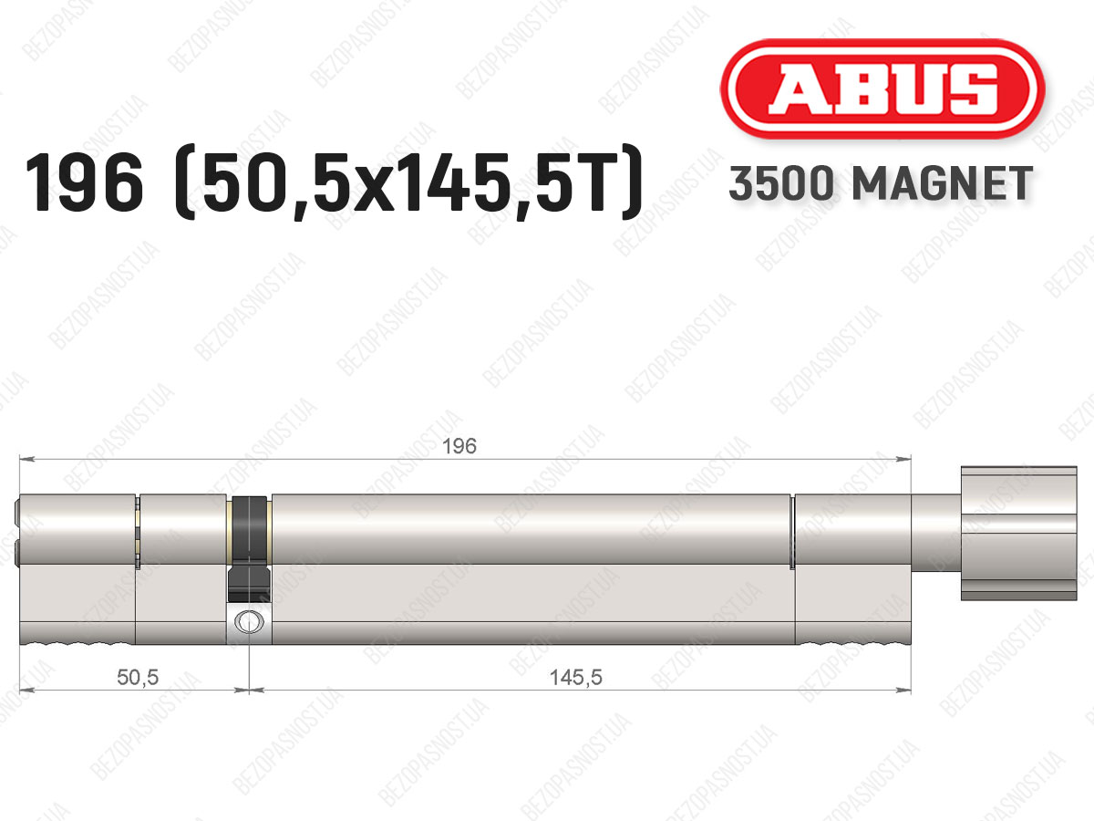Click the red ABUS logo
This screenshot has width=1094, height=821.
pos(882,88)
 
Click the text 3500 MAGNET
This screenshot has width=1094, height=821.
pos(881,183)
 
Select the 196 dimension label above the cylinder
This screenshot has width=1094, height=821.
pos(459,446)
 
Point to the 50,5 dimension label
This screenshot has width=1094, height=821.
pos(138,678)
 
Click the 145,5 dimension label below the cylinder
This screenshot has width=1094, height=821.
pos(575,678)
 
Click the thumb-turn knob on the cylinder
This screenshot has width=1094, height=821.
pos(1018,534)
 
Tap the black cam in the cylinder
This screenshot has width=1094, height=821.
pos(249,548)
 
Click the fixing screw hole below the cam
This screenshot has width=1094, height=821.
pos(249,621)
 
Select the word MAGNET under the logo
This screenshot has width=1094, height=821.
pos(943,183)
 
